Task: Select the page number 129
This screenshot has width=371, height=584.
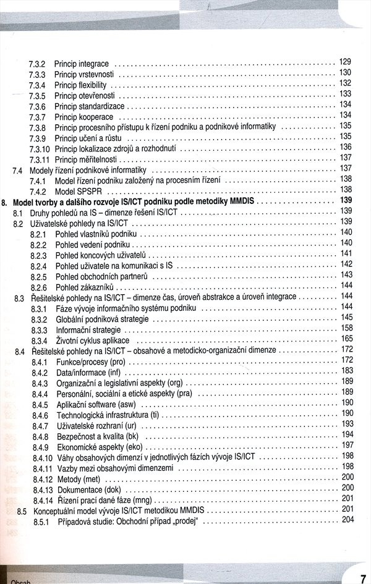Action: (345, 62)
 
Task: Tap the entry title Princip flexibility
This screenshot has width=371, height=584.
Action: (80, 85)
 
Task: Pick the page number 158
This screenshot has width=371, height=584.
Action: (346, 328)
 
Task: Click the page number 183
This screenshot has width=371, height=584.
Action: (346, 370)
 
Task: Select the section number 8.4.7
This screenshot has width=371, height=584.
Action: (40, 426)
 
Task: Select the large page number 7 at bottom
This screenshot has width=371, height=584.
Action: (362, 578)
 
